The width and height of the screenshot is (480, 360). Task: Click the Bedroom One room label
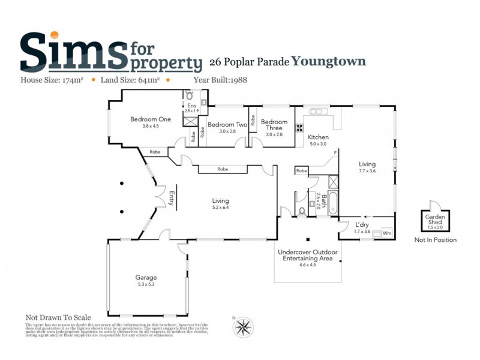151,119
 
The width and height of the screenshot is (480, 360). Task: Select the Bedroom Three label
274,125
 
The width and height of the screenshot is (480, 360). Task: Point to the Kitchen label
318,137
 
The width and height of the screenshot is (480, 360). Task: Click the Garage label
146,277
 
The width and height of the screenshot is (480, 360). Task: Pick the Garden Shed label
434,219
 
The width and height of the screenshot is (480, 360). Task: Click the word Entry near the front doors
172,199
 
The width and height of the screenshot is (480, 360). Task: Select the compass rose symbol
244,326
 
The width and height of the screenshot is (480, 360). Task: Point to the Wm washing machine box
386,232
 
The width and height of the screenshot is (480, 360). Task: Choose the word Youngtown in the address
329,61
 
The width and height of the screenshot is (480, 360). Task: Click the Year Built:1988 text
221,79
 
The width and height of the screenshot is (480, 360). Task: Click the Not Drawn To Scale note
58,317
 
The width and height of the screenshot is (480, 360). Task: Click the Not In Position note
436,240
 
